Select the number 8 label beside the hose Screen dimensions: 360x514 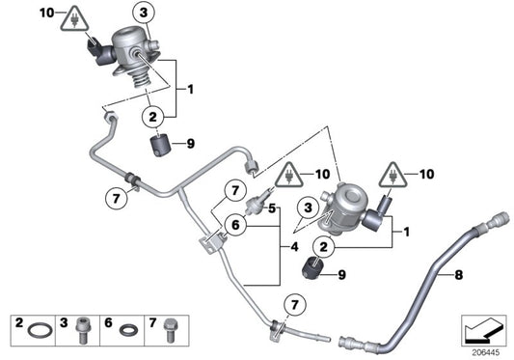click(x=458, y=275)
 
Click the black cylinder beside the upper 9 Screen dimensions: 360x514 click(x=159, y=146)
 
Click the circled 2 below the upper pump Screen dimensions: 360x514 click(x=152, y=117)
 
